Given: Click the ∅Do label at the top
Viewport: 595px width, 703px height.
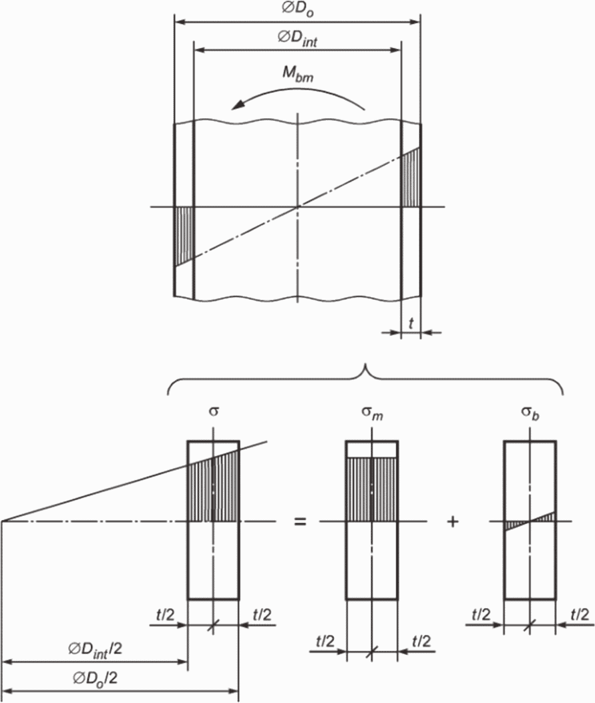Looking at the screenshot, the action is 298,10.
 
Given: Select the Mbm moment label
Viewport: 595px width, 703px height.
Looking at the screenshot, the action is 298,74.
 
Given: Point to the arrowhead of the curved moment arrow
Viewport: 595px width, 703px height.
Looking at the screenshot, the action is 237,105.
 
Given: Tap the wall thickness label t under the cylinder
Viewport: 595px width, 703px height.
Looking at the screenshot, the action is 411,323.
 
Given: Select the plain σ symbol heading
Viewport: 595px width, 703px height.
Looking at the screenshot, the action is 214,411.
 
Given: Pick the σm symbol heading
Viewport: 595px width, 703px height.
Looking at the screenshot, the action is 373,413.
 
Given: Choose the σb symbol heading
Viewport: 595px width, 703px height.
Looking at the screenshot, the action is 530,413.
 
